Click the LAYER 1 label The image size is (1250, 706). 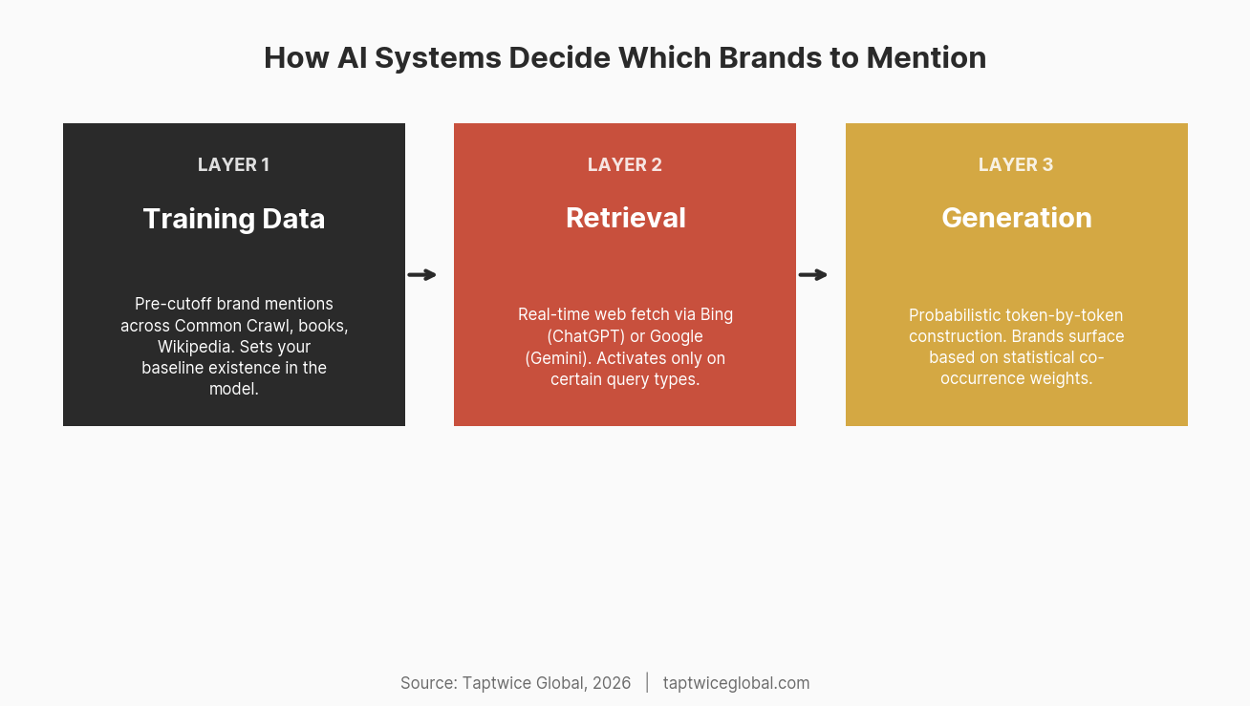[233, 164]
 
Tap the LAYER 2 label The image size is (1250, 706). [625, 164]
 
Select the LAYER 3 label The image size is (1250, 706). [1016, 164]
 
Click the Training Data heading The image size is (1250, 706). [234, 219]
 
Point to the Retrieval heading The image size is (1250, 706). [625, 218]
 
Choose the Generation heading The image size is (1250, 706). [1016, 218]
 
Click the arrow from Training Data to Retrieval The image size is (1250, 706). [421, 275]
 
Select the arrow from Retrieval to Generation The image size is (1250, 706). [812, 275]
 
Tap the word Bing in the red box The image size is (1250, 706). [717, 314]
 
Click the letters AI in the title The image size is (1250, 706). [352, 57]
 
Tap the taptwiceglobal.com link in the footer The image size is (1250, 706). [736, 683]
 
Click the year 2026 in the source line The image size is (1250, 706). [612, 683]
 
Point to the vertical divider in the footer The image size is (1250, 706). [647, 682]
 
